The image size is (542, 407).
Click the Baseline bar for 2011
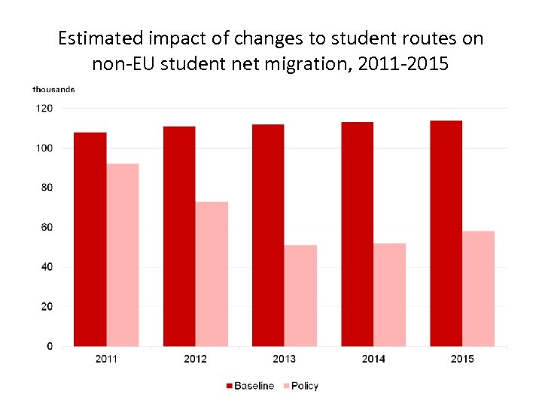click(x=90, y=240)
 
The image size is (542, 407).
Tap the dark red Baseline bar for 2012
click(x=179, y=237)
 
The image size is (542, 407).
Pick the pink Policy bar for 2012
click(x=212, y=274)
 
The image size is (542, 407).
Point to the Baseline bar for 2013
click(x=268, y=235)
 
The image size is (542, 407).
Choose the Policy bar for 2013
click(x=300, y=295)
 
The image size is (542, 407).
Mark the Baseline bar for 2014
click(x=357, y=234)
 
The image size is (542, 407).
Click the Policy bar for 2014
click(x=389, y=295)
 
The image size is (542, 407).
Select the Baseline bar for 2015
click(x=446, y=234)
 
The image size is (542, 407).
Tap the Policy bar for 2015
click(x=478, y=289)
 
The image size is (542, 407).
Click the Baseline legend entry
click(x=251, y=386)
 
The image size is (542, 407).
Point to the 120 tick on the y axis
click(x=44, y=109)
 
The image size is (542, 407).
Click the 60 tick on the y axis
click(x=47, y=227)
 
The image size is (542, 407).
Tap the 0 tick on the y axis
click(x=50, y=346)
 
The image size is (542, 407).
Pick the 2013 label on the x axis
click(x=284, y=359)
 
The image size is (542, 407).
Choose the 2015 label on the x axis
click(x=462, y=359)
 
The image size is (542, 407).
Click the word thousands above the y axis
click(x=53, y=90)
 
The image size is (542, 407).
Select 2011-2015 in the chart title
click(x=403, y=64)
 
